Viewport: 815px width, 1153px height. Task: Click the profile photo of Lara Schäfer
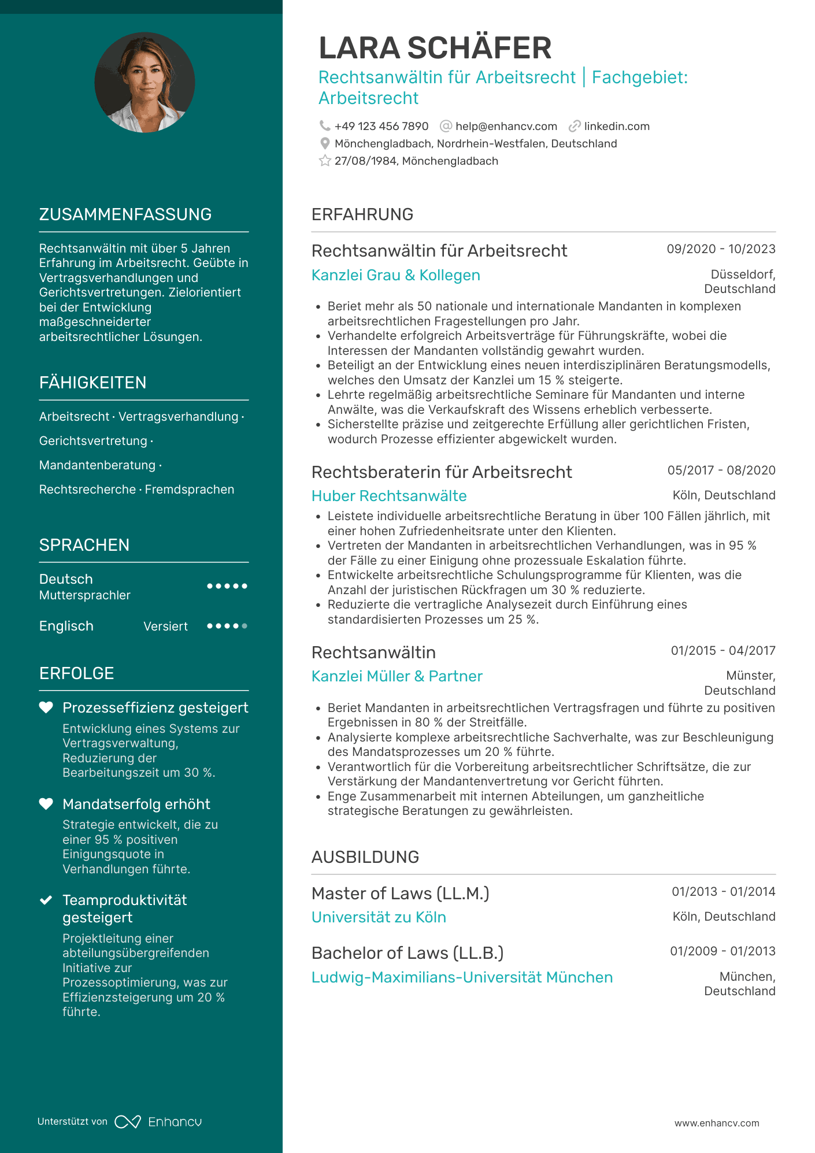point(145,83)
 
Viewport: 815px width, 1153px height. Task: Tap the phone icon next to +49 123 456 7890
point(325,126)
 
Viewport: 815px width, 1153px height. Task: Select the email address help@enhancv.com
point(506,127)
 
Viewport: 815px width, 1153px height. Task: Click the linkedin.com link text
point(617,127)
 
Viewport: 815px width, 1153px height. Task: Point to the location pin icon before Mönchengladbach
point(325,143)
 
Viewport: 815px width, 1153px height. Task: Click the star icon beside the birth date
point(325,161)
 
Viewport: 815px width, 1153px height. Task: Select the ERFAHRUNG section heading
point(362,214)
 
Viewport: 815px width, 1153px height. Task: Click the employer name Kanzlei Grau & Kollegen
point(395,275)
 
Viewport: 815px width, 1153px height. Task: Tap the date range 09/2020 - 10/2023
point(721,249)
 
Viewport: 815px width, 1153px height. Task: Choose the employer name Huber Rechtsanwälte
point(389,496)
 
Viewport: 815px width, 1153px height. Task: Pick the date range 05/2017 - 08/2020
point(721,470)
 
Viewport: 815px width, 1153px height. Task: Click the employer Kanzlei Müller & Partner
point(397,676)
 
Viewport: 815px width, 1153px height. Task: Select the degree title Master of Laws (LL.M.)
point(400,894)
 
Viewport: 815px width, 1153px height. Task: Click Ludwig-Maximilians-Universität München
point(462,977)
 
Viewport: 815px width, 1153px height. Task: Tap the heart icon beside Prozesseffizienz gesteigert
point(46,707)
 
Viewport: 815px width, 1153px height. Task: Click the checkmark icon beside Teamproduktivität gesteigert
point(46,900)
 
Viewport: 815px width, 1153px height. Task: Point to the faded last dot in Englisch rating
point(244,626)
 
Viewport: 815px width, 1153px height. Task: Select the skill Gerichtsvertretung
point(93,441)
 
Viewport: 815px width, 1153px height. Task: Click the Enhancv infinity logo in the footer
point(128,1122)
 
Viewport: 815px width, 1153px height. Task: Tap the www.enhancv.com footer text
point(717,1123)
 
